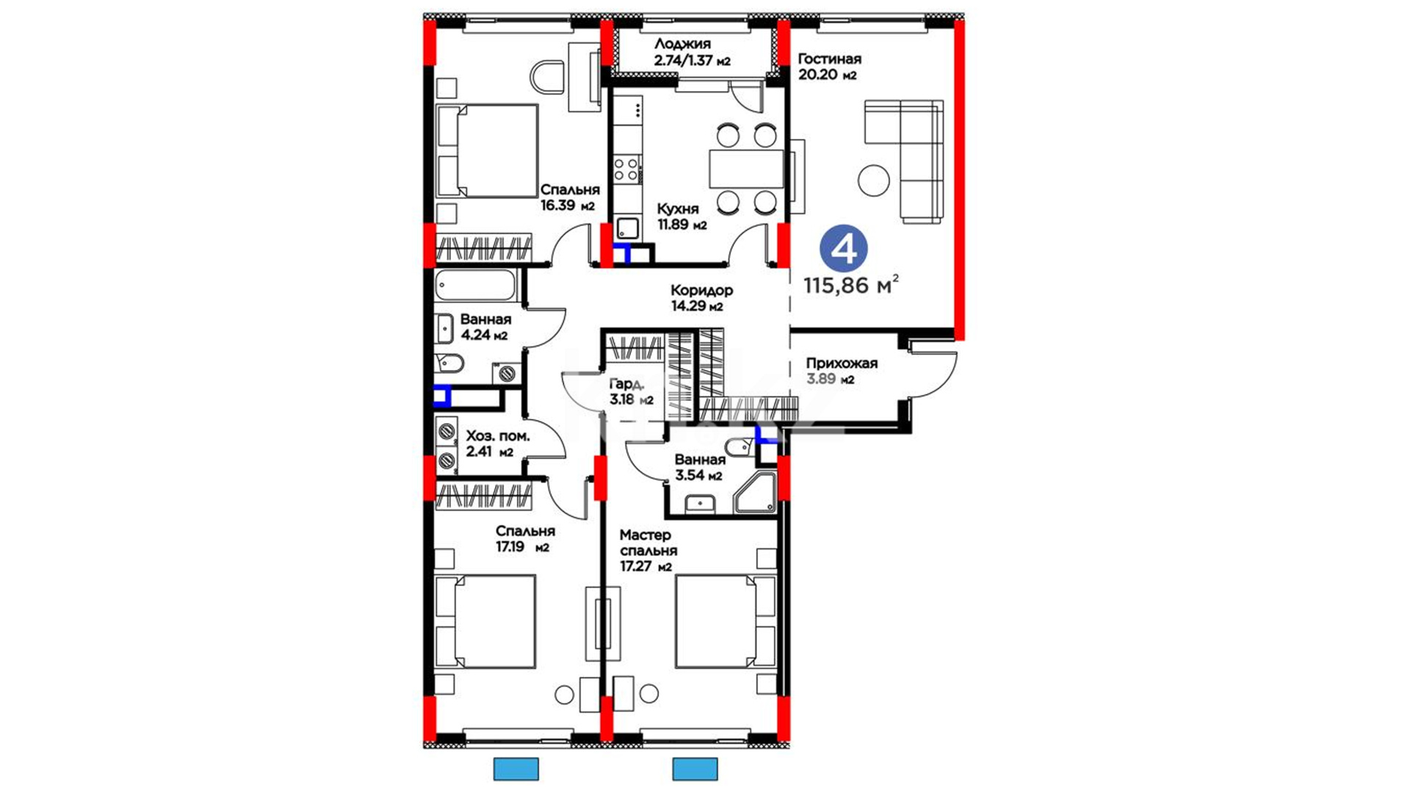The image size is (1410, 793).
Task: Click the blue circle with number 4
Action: pyautogui.click(x=843, y=249)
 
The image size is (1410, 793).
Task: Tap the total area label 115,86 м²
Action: pyautogui.click(x=851, y=285)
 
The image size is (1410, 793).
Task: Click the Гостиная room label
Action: pyautogui.click(x=829, y=59)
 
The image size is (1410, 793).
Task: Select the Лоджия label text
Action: pyautogui.click(x=682, y=44)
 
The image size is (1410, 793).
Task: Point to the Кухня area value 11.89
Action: pyautogui.click(x=673, y=225)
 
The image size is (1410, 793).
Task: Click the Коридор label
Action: pyautogui.click(x=701, y=290)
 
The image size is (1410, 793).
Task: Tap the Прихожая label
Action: pyautogui.click(x=842, y=363)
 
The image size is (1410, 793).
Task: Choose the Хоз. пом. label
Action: pyautogui.click(x=498, y=436)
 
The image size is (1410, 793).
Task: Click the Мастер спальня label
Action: pyautogui.click(x=648, y=543)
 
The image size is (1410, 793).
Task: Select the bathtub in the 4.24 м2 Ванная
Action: pyautogui.click(x=475, y=286)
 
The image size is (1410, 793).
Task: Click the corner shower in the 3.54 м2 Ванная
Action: pyautogui.click(x=755, y=493)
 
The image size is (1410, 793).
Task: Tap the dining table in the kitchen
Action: pyautogui.click(x=746, y=169)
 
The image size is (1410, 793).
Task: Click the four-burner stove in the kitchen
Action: pyautogui.click(x=626, y=169)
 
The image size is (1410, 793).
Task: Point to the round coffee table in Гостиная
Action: pyautogui.click(x=874, y=180)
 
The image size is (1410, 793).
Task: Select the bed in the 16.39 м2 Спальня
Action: pyautogui.click(x=486, y=151)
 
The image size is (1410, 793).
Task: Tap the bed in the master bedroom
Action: pyautogui.click(x=726, y=621)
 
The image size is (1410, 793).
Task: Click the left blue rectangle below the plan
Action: pyautogui.click(x=516, y=769)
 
